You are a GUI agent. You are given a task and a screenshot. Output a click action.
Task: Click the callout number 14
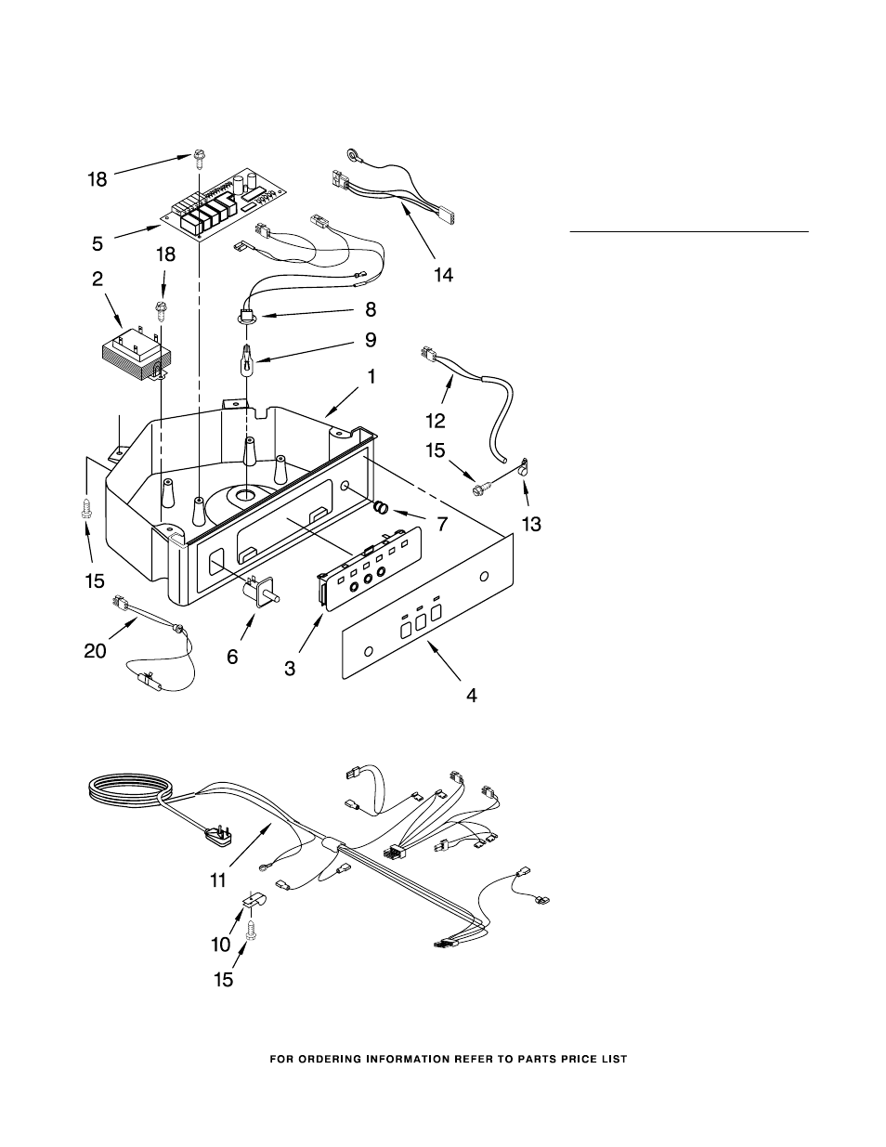[x=443, y=275]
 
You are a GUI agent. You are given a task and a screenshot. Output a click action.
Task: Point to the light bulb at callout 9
[x=247, y=360]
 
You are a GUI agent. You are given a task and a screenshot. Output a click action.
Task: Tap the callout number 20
[x=95, y=651]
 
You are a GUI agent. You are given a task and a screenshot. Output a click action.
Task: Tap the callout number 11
[x=218, y=880]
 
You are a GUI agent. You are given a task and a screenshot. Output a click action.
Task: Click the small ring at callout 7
[x=382, y=508]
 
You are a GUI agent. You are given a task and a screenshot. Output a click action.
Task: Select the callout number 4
[x=472, y=696]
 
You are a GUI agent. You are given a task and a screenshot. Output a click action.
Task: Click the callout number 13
[x=531, y=524]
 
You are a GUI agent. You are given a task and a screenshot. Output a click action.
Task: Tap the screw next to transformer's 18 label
[x=160, y=308]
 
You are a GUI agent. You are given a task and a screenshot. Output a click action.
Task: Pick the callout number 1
[x=371, y=377]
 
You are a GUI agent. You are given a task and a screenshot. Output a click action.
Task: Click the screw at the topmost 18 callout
[x=199, y=158]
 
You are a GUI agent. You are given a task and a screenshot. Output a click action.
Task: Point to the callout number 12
[x=436, y=421]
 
